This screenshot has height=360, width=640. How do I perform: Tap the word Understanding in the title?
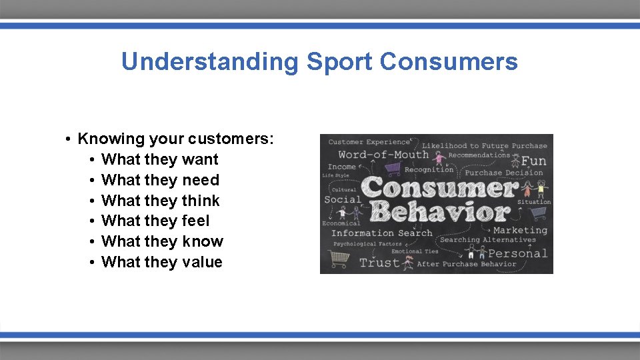[x=210, y=61]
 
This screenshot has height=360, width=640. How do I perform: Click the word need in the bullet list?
[x=200, y=180]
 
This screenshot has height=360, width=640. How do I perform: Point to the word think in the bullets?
[x=201, y=201]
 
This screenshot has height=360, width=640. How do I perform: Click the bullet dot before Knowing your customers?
[x=69, y=139]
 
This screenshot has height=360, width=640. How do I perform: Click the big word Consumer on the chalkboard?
[x=439, y=188]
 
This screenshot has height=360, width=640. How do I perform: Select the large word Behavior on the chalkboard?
[x=440, y=213]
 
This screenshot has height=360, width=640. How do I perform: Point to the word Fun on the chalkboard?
[x=533, y=161]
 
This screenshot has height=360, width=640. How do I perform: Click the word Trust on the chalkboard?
[x=379, y=263]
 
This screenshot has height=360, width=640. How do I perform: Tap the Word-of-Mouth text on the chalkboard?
[x=383, y=155]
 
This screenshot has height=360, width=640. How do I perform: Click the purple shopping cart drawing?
[x=393, y=169]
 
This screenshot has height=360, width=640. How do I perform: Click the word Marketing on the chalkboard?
[x=520, y=231]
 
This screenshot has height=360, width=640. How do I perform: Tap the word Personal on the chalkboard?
[x=517, y=253]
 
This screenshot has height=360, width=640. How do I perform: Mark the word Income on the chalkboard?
[x=342, y=167]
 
